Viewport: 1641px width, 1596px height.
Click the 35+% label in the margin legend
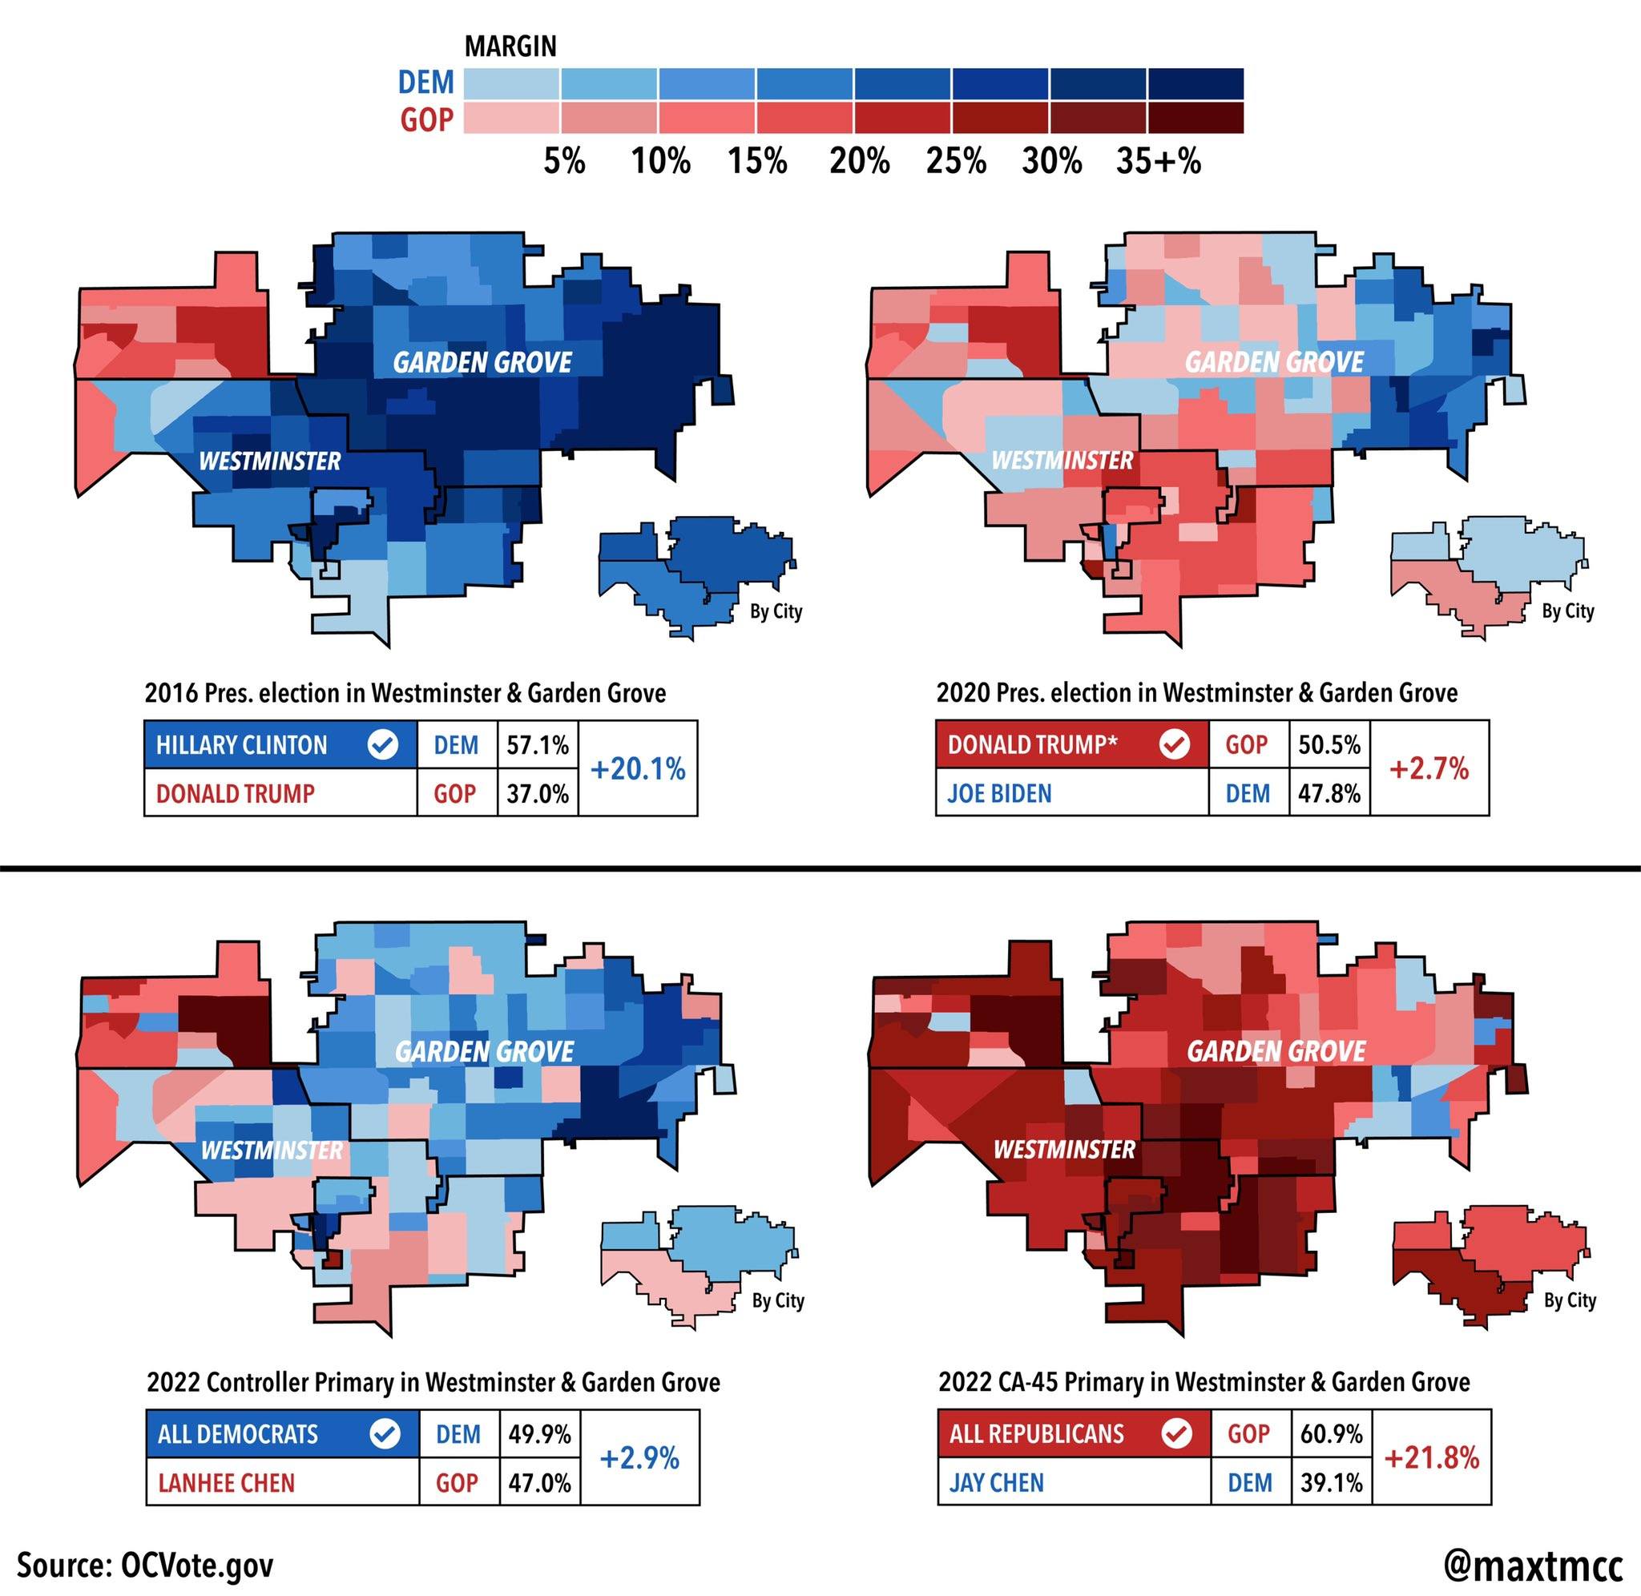1159,161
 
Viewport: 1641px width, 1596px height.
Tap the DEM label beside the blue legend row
425,83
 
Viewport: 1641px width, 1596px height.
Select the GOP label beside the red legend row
425,121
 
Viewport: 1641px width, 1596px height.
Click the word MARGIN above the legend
510,46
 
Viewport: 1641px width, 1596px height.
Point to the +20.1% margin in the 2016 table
638,768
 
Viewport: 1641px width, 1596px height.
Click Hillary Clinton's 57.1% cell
537,744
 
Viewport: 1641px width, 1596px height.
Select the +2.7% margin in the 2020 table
1429,768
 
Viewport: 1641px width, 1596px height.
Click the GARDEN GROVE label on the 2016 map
482,362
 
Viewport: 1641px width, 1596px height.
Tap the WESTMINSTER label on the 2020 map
1062,460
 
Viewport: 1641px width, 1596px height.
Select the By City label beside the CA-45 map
1570,1300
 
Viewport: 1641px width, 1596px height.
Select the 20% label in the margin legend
859,161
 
